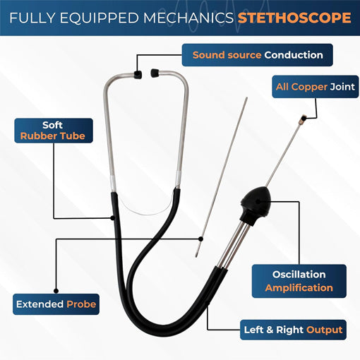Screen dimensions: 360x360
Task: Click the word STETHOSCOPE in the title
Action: click(x=294, y=18)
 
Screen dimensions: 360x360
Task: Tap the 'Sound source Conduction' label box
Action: click(x=258, y=55)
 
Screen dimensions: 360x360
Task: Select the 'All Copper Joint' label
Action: click(x=316, y=87)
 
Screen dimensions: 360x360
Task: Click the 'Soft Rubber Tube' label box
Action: click(x=54, y=131)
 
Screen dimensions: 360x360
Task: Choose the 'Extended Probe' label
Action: click(x=56, y=304)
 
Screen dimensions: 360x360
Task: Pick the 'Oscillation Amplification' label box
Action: click(x=299, y=281)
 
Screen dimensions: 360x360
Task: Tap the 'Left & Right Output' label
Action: click(x=293, y=330)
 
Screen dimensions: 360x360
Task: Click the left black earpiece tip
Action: click(x=138, y=74)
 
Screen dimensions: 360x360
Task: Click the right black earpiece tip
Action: click(x=155, y=73)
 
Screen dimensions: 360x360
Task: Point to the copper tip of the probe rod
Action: click(x=302, y=119)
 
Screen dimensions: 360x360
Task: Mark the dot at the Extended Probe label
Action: click(x=56, y=291)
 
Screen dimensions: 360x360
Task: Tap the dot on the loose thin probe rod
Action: click(x=200, y=239)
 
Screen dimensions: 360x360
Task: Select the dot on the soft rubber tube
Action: click(x=113, y=218)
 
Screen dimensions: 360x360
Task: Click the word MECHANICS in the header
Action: click(x=188, y=18)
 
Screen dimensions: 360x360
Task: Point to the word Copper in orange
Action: click(x=309, y=87)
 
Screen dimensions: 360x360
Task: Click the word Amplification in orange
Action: click(x=299, y=288)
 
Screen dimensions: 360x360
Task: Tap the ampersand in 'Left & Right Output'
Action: click(x=270, y=330)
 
